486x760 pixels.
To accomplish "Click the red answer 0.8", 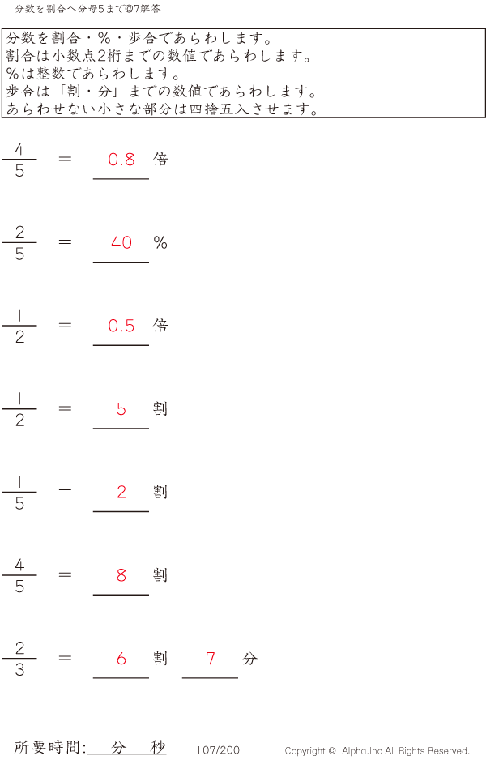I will pos(122,160).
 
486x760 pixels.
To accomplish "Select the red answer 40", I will pos(122,242).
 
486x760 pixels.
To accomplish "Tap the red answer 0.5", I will pos(122,326).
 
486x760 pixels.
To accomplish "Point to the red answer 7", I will pos(211,659).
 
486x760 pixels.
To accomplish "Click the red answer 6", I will pos(122,659).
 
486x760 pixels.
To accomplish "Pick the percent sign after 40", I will pos(160,242).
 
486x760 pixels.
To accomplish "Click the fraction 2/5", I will pos(19,243).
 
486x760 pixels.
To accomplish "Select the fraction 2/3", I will pos(19,659).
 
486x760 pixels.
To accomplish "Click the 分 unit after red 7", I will pos(249,659).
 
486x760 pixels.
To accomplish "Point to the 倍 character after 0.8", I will pos(160,159).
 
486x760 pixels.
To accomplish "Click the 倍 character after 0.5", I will pos(160,325).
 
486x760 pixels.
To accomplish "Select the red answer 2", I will pos(122,492).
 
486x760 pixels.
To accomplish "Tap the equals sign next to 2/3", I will pos(66,658).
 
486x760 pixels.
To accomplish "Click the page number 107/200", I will pos(219,750).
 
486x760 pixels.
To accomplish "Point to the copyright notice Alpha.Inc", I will pos(377,751).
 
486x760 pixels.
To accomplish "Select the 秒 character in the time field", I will pos(158,747).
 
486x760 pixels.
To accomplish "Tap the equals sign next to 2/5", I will pos(66,241).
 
